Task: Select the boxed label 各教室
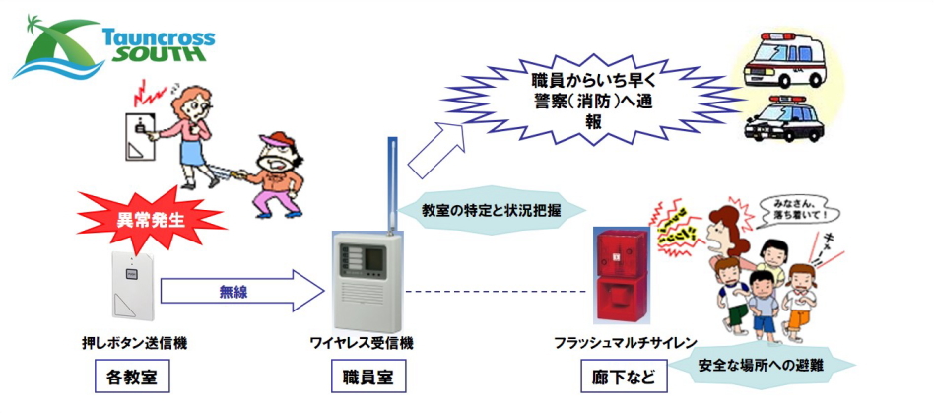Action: tap(133, 376)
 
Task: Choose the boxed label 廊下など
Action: tap(623, 376)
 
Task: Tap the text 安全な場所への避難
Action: tap(761, 366)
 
